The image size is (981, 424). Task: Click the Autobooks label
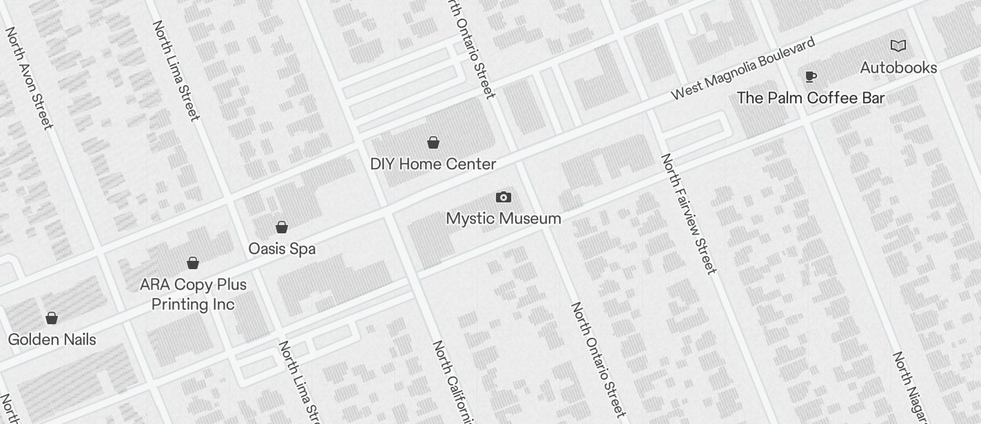pyautogui.click(x=898, y=67)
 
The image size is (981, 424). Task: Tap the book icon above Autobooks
pyautogui.click(x=898, y=46)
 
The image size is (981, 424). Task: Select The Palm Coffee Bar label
pyautogui.click(x=810, y=98)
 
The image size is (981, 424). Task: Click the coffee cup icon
pyautogui.click(x=811, y=76)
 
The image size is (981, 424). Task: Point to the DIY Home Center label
pyautogui.click(x=433, y=164)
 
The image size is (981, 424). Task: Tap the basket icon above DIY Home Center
pyautogui.click(x=433, y=142)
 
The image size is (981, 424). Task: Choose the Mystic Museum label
pyautogui.click(x=503, y=218)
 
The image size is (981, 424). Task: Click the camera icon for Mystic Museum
pyautogui.click(x=504, y=198)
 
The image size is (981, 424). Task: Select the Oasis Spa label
pyautogui.click(x=282, y=248)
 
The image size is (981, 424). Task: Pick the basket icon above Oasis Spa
pyautogui.click(x=282, y=227)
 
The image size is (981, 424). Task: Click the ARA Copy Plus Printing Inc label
pyautogui.click(x=193, y=294)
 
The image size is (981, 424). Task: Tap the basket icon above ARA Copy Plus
pyautogui.click(x=193, y=263)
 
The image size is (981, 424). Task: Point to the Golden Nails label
pyautogui.click(x=52, y=339)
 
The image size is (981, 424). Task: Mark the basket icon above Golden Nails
pyautogui.click(x=52, y=318)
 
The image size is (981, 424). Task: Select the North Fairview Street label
pyautogui.click(x=689, y=213)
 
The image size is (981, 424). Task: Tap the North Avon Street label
pyautogui.click(x=29, y=78)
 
